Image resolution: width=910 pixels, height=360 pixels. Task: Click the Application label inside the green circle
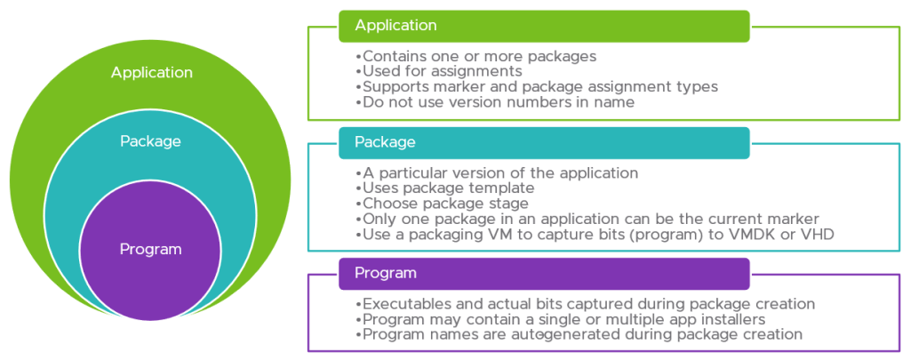tap(151, 72)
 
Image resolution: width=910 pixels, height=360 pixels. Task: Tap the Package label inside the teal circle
tap(150, 141)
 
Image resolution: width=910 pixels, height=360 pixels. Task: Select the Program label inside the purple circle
tap(150, 249)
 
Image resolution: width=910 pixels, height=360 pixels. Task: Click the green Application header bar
tap(543, 26)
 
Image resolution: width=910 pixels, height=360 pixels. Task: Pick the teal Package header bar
tap(543, 142)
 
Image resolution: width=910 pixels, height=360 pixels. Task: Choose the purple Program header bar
tap(543, 273)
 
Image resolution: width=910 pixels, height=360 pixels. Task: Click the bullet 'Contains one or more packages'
tap(475, 56)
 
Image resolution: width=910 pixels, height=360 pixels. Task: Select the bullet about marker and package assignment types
tap(536, 87)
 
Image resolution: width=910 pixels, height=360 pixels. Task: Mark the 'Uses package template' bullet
tap(446, 188)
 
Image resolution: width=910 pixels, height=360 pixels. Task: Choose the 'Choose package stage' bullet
tap(443, 203)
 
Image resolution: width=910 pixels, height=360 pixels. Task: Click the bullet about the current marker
tap(587, 219)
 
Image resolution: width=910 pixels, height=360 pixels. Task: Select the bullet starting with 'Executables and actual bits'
tap(585, 304)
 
